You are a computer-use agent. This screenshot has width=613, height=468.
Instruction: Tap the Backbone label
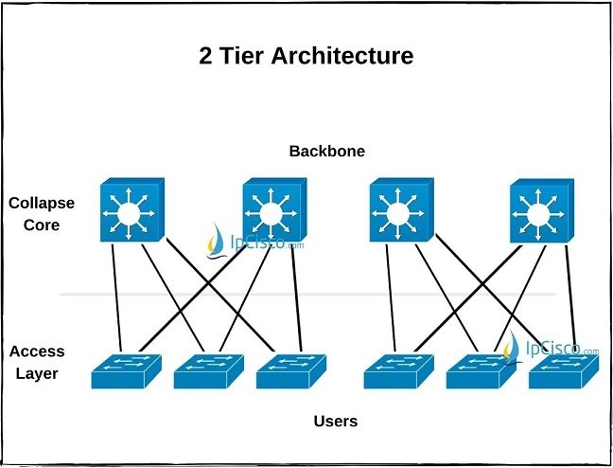(x=326, y=152)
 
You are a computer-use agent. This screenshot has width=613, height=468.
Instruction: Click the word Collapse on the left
(x=41, y=204)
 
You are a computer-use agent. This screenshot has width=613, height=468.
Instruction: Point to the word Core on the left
(x=41, y=225)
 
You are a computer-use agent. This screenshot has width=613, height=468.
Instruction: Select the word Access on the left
(x=37, y=351)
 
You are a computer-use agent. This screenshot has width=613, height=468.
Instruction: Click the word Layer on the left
(x=37, y=373)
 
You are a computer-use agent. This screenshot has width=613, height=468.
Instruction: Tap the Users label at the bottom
(x=336, y=421)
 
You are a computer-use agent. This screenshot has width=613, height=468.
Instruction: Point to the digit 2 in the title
(x=205, y=56)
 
